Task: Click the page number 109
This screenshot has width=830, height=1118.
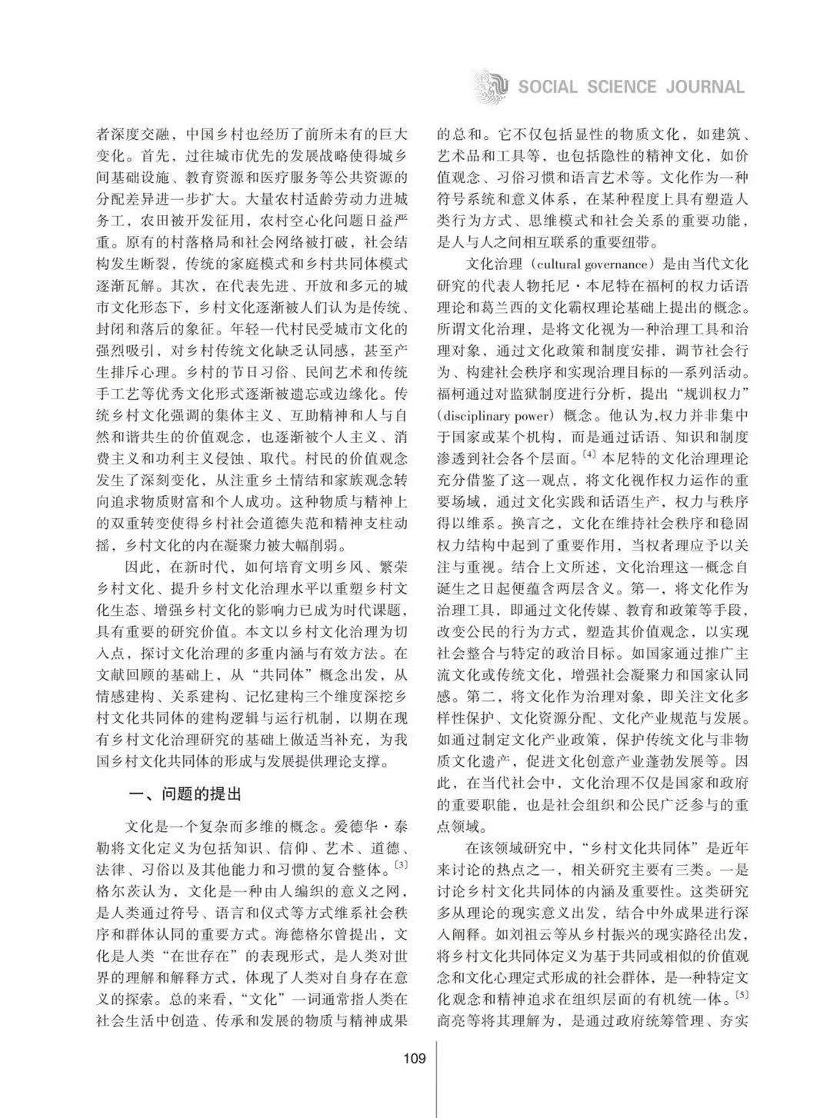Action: pyautogui.click(x=414, y=1059)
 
